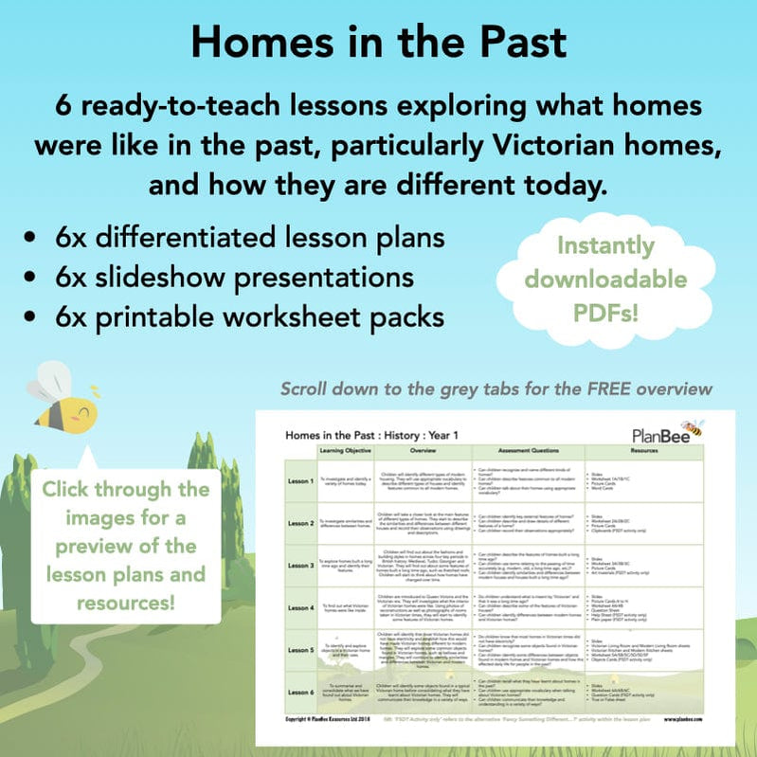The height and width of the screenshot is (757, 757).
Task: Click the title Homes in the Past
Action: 378,43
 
